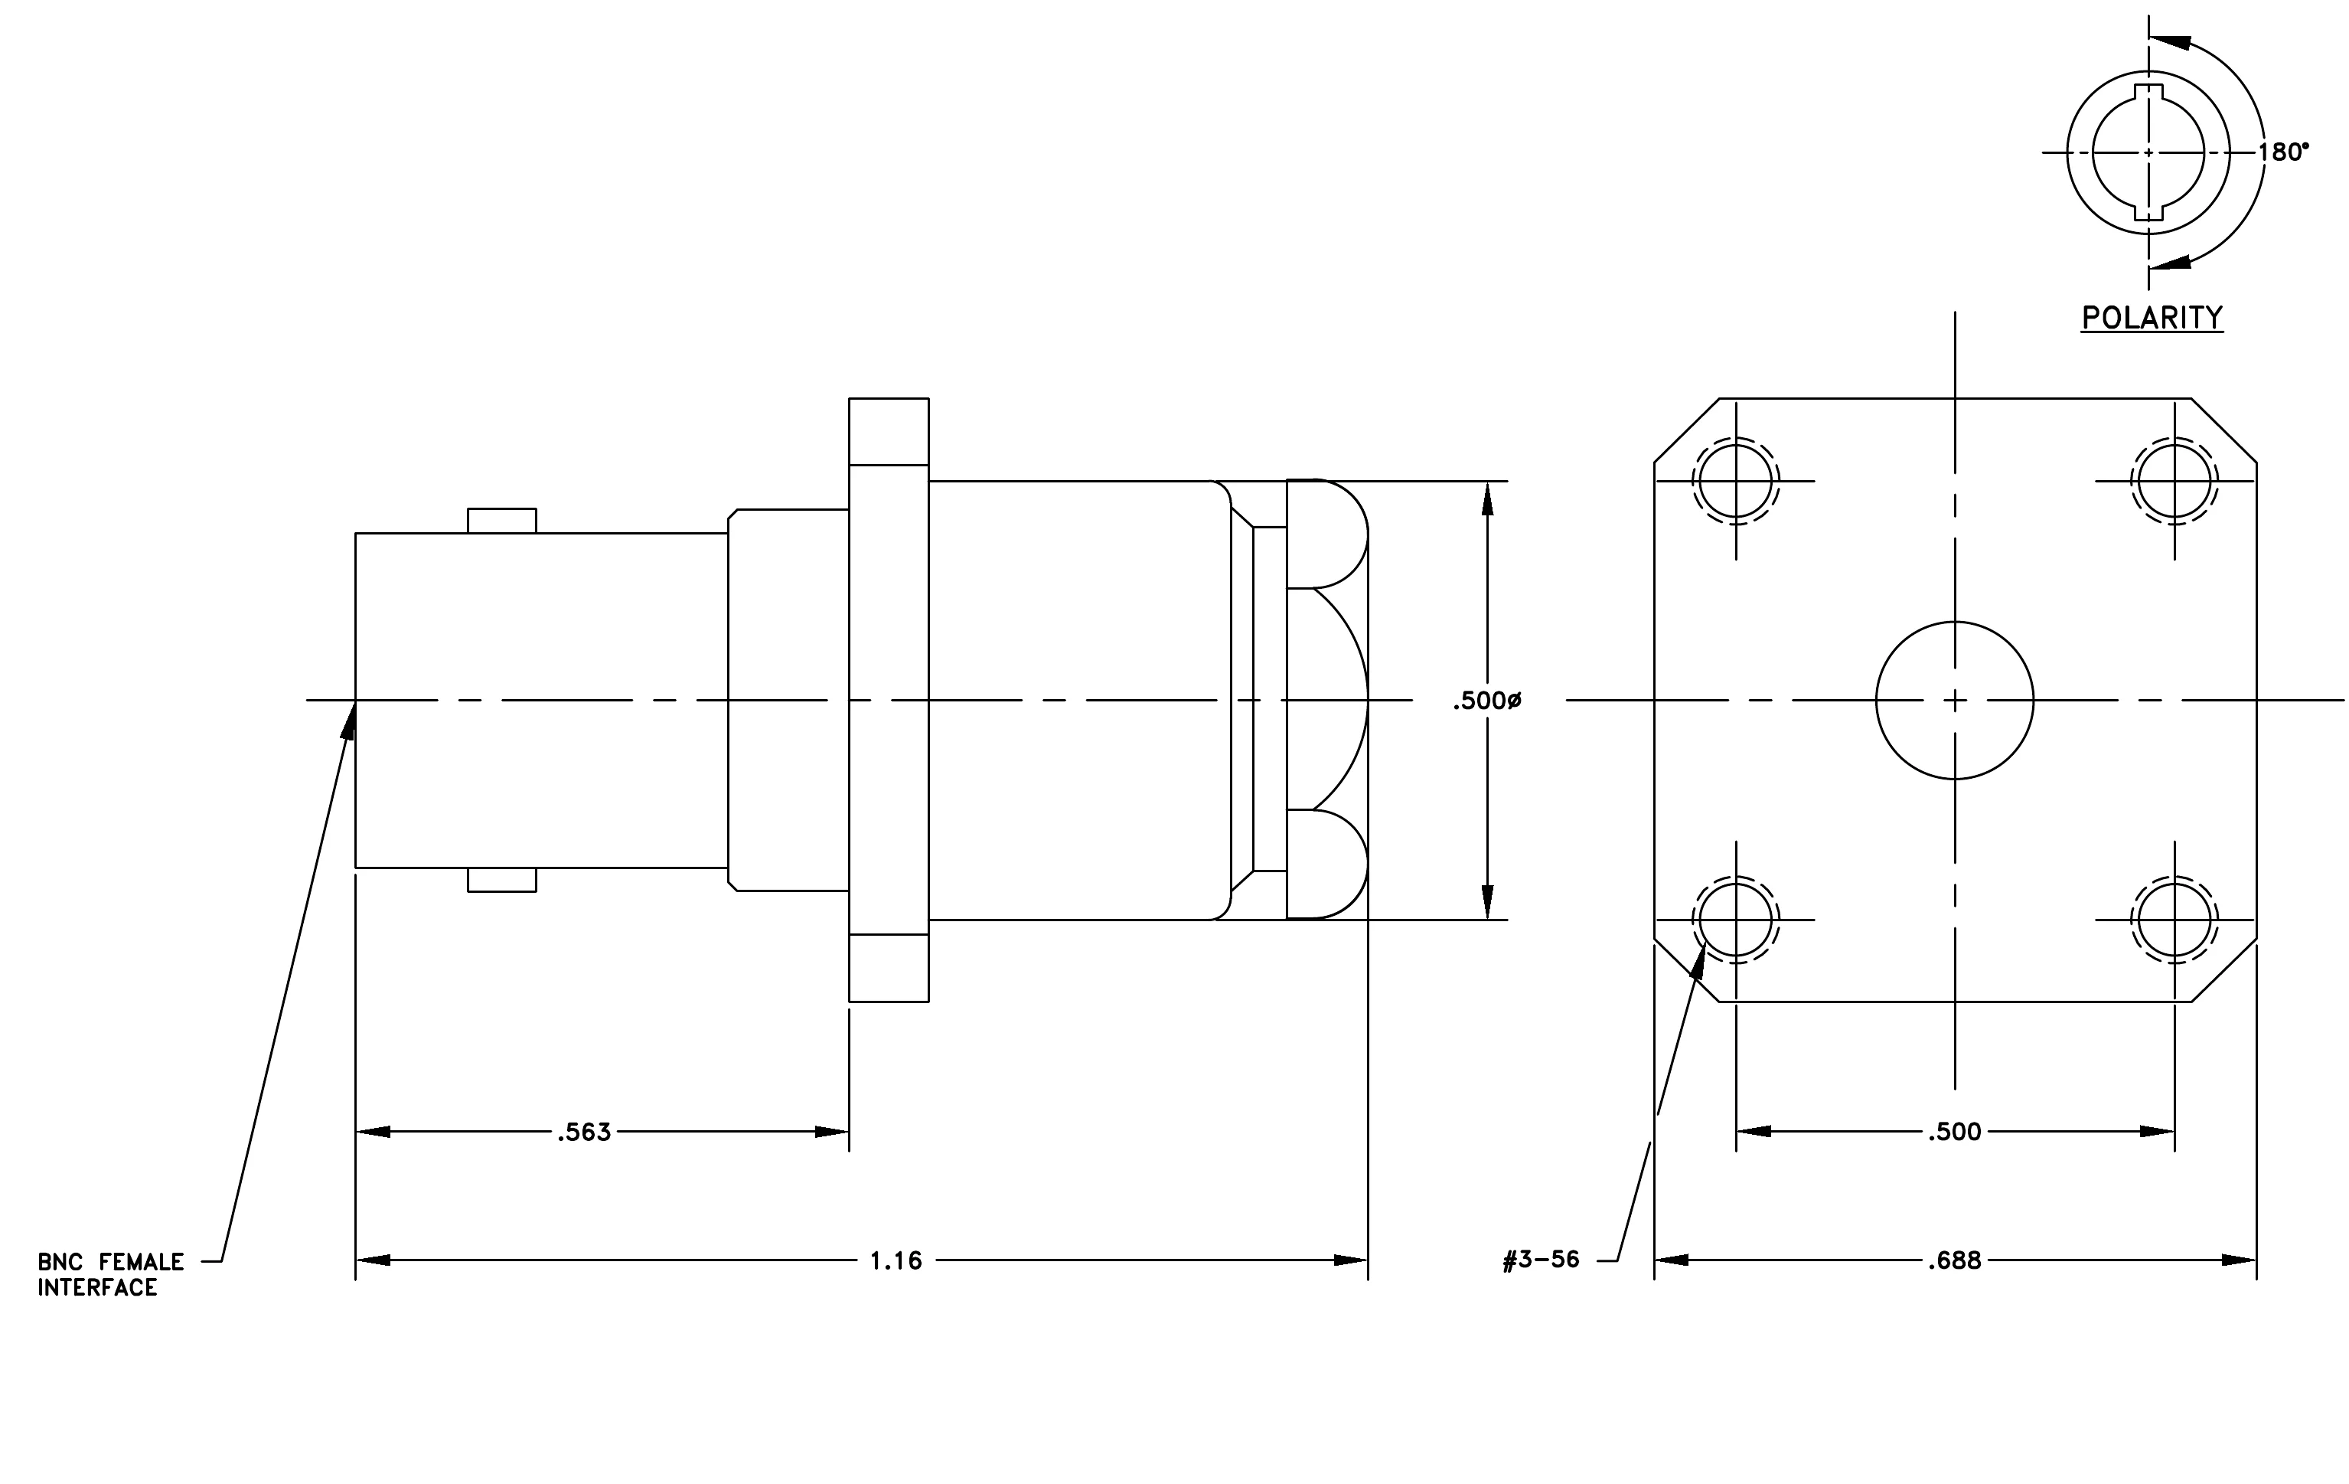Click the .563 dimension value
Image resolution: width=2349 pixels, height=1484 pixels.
click(x=584, y=1132)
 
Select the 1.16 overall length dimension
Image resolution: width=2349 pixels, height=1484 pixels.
click(x=896, y=1260)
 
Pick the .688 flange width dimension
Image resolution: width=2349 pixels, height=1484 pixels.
click(x=1955, y=1260)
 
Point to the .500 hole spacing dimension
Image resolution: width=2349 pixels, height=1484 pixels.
click(x=1955, y=1132)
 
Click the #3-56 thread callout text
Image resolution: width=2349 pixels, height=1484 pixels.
click(x=1542, y=1260)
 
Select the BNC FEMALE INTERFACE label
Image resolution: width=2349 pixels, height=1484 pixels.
click(x=110, y=1274)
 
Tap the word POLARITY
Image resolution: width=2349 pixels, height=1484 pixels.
click(x=2152, y=318)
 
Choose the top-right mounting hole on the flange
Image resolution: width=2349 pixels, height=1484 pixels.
click(x=2174, y=481)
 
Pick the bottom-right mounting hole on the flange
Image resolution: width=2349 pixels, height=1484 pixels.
click(x=2174, y=919)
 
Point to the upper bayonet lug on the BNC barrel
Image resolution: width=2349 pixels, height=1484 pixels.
click(x=502, y=521)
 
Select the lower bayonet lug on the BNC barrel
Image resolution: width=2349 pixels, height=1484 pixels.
click(x=502, y=879)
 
